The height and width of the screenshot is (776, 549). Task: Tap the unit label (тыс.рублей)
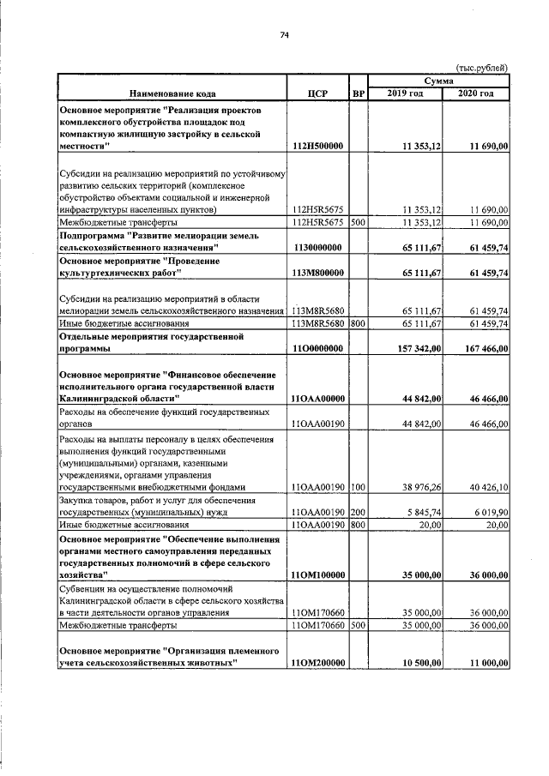481,68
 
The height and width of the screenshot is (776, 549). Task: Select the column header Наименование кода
172,93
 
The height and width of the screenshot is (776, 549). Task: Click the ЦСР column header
317,93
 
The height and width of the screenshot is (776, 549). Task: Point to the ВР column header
358,93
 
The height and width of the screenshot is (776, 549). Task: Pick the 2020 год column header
476,93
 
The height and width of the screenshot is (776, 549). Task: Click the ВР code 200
358,510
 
